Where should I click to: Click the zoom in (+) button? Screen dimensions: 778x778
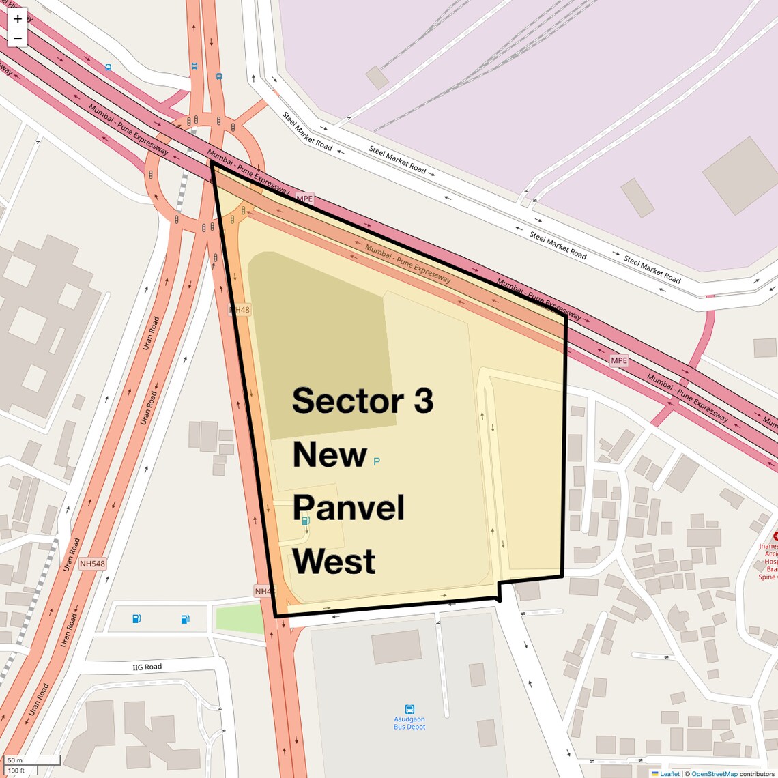point(18,18)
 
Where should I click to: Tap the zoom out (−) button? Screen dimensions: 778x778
point(18,38)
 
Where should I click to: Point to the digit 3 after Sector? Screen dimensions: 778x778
point(423,401)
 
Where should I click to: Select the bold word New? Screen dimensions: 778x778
point(330,455)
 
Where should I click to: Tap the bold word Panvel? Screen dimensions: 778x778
point(349,508)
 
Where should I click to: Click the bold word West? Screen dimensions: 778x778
point(334,561)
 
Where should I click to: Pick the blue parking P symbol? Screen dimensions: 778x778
point(377,461)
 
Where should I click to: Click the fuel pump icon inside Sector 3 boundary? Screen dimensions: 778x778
point(306,521)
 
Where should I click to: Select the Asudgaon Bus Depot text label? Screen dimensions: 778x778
point(409,723)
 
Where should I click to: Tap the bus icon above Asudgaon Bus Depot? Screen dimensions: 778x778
point(409,709)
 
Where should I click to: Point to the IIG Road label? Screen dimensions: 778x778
point(147,667)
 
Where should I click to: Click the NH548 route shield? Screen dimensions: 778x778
point(92,564)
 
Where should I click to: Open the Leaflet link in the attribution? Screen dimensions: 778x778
point(669,773)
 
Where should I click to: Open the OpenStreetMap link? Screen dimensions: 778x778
point(714,773)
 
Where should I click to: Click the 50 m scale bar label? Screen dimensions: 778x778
point(15,760)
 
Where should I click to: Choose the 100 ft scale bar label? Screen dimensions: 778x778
point(16,770)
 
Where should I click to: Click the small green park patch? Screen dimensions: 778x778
point(239,619)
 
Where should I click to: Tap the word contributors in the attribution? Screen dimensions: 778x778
point(758,773)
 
